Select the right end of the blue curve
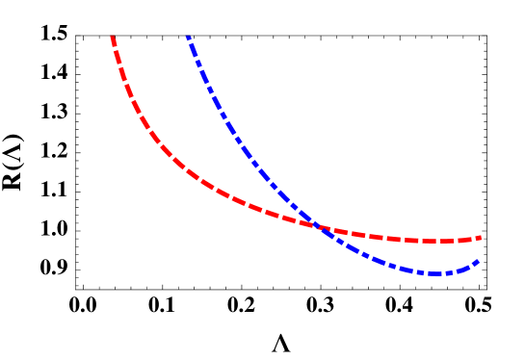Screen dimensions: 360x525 pos(479,261)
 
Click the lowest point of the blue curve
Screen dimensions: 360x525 pos(435,273)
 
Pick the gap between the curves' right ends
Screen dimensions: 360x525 pos(479,249)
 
